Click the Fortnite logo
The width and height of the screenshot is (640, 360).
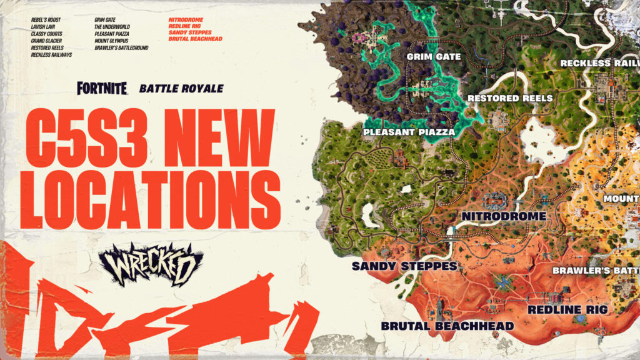pos(102,88)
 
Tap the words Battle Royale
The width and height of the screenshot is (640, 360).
pos(181,89)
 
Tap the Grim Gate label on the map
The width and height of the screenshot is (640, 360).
pos(433,57)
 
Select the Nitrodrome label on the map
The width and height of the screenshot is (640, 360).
pos(504,216)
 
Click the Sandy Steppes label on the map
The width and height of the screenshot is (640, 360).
pos(404,266)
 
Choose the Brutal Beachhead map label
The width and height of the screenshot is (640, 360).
pos(447,326)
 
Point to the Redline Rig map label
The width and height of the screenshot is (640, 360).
pos(567,309)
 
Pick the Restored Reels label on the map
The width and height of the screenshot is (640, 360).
pos(510,98)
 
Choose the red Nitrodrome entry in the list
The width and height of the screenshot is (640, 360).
pos(186,20)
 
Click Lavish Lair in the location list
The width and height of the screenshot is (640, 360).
pos(44,27)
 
